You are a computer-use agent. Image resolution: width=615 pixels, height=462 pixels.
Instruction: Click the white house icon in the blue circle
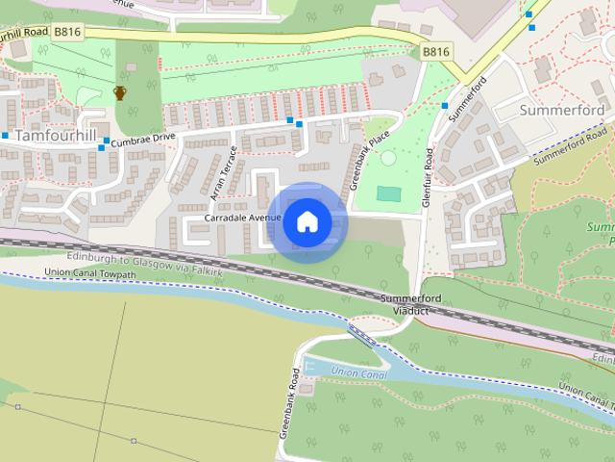coord(307,221)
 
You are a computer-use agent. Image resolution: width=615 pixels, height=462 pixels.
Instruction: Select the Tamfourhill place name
coord(56,136)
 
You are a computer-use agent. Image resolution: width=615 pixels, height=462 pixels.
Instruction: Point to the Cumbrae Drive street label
coord(142,140)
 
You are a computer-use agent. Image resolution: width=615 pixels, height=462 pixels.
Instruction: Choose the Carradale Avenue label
coord(242,218)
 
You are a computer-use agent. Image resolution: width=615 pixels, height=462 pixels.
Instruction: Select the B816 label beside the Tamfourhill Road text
coord(67,32)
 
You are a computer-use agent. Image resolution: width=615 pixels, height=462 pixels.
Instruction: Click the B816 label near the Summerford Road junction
coord(435,50)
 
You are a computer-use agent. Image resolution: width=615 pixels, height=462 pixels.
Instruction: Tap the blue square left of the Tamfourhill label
coord(5,136)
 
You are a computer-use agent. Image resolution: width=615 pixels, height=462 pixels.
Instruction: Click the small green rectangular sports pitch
coord(388,193)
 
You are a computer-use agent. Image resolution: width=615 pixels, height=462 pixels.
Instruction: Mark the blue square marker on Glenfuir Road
coord(445,106)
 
